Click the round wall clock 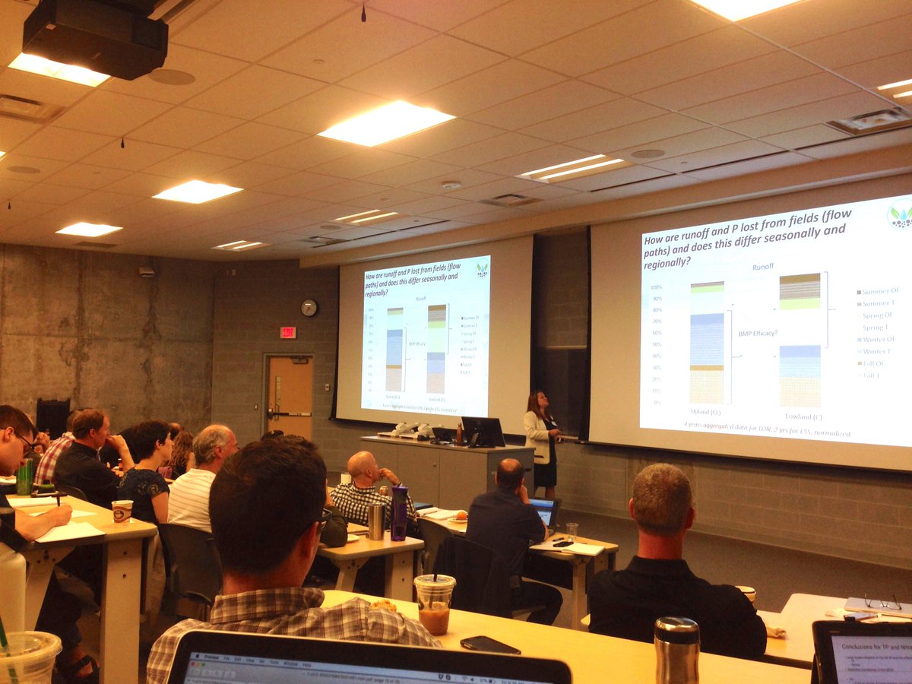tap(309, 308)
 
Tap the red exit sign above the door tap(288, 332)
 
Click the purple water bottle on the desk tap(399, 513)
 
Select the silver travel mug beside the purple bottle tap(375, 521)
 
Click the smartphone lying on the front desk tap(489, 644)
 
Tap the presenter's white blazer tap(539, 436)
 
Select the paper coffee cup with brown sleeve tap(122, 511)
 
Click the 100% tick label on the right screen tap(656, 287)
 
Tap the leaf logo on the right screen tap(900, 214)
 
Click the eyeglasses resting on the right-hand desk tap(882, 603)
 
